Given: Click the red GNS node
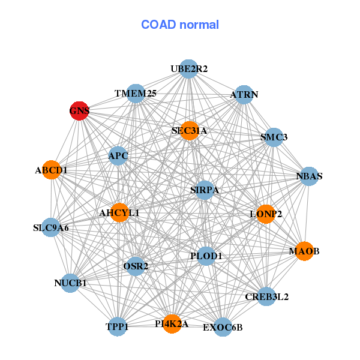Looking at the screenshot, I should click(79, 110).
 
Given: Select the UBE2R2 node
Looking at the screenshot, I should click(188, 69).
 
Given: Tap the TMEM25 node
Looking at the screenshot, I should click(136, 93).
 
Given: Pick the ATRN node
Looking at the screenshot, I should click(244, 95).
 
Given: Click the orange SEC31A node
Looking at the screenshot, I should click(189, 130).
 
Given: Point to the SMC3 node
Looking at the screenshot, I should click(274, 137).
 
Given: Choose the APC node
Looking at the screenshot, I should click(118, 156).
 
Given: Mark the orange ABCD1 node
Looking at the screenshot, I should click(52, 170).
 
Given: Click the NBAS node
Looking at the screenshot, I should click(309, 176).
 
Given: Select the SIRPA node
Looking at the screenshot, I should click(205, 190).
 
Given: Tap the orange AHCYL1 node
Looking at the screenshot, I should click(119, 212).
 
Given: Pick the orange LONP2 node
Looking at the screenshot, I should click(266, 214).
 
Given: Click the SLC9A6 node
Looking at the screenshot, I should click(51, 227).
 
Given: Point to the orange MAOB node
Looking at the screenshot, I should click(304, 251).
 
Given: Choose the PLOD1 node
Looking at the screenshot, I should click(206, 256).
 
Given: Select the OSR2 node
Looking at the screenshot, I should click(136, 265).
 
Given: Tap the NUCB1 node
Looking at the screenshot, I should click(71, 283).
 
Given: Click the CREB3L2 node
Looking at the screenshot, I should click(267, 296).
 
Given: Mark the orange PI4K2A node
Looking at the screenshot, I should click(172, 324).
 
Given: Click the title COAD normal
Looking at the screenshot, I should click(179, 25).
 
